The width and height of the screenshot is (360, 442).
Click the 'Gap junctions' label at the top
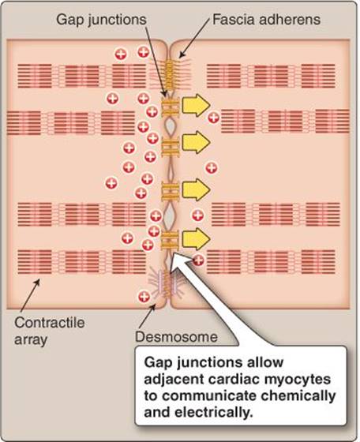tap(101, 21)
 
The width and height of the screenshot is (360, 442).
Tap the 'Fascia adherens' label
tap(266, 20)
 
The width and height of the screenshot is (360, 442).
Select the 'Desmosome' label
tap(176, 337)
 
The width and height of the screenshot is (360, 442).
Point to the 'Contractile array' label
tap(49, 331)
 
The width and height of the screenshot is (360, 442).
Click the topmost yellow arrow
tap(196, 106)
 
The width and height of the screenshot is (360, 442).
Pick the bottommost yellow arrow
tap(196, 239)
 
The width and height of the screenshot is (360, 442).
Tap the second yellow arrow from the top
tap(196, 142)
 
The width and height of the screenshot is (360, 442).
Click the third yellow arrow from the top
tap(196, 189)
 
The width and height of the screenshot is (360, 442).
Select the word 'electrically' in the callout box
tap(212, 413)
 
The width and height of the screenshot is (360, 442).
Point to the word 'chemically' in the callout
tap(298, 396)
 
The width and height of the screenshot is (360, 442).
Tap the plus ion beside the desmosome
tap(144, 297)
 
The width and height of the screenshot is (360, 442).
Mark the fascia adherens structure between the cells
tap(169, 71)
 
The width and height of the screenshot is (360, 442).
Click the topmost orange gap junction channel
tap(171, 107)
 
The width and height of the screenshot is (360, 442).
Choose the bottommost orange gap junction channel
tap(170, 240)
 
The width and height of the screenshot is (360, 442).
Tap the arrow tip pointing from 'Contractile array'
tap(39, 279)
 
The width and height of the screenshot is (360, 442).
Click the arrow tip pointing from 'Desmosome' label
tap(155, 305)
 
